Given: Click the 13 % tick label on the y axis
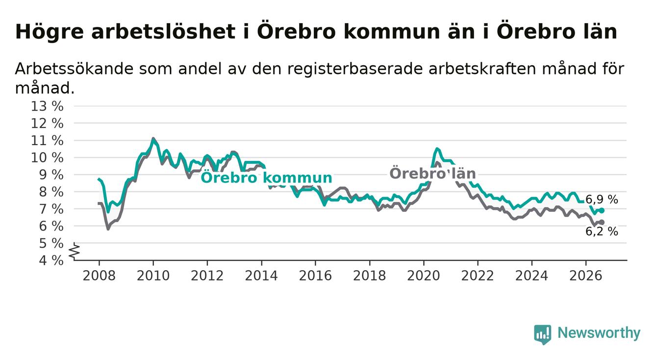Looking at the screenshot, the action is [x=47, y=106].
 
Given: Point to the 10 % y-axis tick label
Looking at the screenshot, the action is [x=47, y=158].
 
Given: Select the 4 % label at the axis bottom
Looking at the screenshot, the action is [x=51, y=260].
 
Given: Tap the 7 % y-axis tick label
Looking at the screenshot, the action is [x=51, y=209].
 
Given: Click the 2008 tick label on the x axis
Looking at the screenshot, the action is [x=99, y=276].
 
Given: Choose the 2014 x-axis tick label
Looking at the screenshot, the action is [x=261, y=276].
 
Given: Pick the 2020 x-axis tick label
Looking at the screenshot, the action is [x=424, y=276].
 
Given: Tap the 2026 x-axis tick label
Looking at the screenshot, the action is [x=586, y=276].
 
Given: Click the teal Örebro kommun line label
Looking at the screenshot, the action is [x=266, y=178].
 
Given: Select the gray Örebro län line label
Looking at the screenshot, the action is [x=432, y=173].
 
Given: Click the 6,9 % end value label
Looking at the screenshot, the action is [x=602, y=200].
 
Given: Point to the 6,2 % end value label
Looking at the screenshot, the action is [x=602, y=231].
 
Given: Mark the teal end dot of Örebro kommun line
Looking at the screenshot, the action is [x=602, y=210].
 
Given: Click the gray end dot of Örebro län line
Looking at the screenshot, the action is [x=602, y=222].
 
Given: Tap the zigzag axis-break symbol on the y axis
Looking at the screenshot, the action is [x=75, y=252].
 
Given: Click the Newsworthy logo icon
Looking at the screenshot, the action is [x=542, y=334].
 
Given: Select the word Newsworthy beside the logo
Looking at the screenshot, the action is [x=599, y=333].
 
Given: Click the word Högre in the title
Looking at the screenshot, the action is [x=49, y=32].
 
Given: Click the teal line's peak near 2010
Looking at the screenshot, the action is [x=153, y=138].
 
